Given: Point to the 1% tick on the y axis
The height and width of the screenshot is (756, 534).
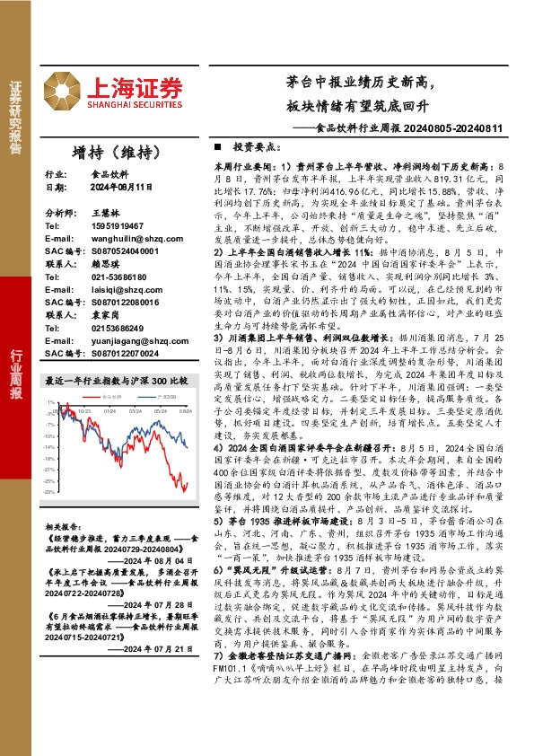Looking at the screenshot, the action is click(x=53, y=403).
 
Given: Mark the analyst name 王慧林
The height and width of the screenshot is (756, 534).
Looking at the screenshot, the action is click(x=106, y=213).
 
